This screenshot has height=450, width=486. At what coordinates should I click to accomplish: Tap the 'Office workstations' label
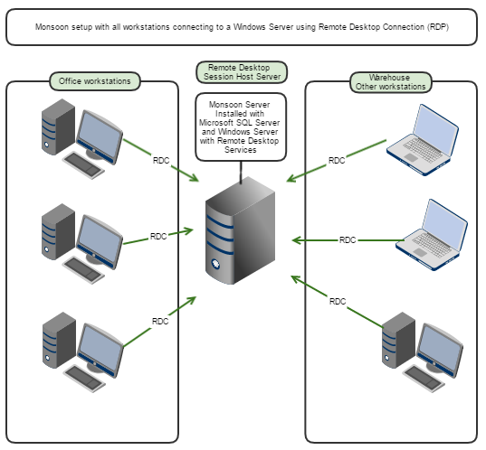[x=94, y=81]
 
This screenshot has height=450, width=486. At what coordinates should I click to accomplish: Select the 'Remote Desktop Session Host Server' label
[x=241, y=72]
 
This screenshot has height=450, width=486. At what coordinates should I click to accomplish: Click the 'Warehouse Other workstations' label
[x=390, y=82]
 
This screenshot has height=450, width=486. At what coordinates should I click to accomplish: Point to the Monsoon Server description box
[x=241, y=127]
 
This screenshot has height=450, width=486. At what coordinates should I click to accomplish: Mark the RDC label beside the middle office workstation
[x=158, y=237]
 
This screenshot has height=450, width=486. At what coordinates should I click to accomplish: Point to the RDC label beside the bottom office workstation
[x=160, y=321]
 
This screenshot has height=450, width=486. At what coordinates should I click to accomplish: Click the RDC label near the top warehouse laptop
[x=337, y=160]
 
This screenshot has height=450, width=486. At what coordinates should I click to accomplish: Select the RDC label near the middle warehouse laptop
[x=348, y=240]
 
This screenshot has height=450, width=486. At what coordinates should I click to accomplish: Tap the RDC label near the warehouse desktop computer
[x=338, y=301]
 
